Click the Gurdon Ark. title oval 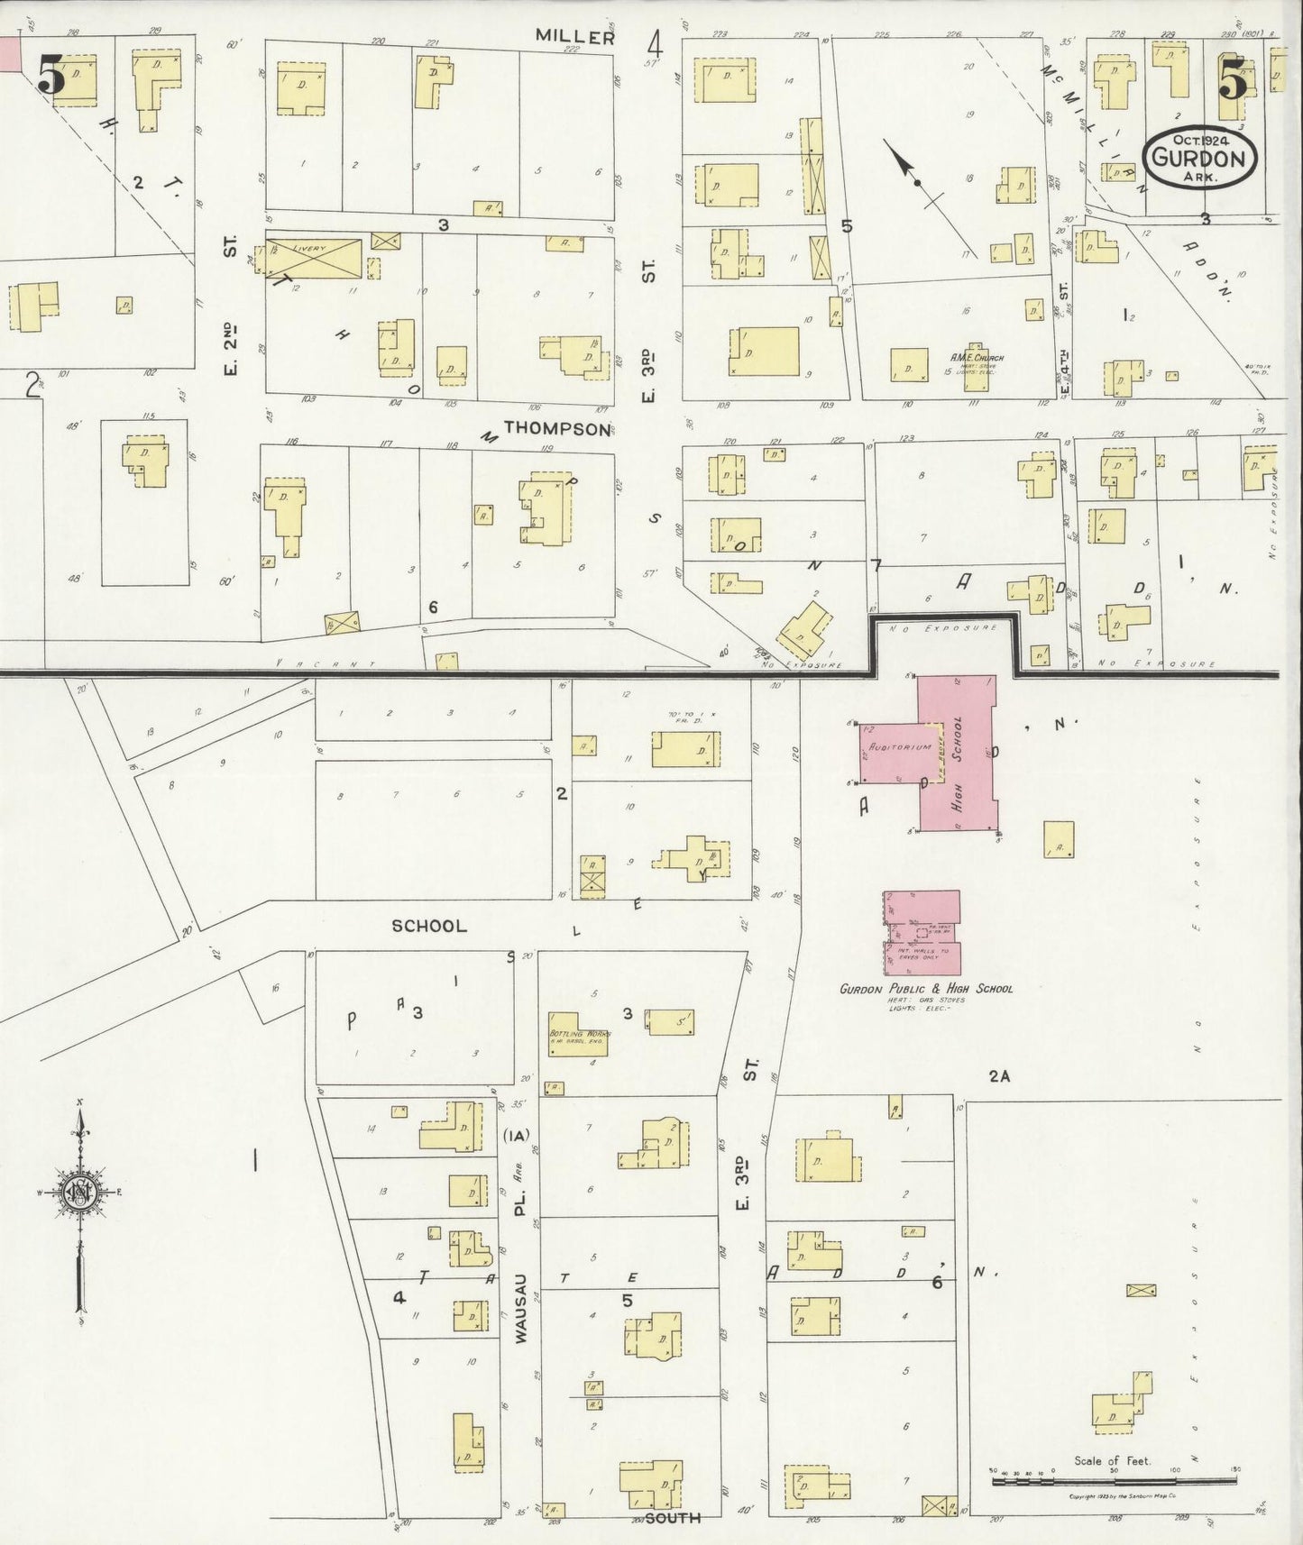coord(1198,159)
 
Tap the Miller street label coord(574,36)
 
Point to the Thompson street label coord(556,428)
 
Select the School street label coord(429,926)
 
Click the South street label coord(673,1518)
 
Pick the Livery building coord(314,259)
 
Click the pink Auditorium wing coord(889,753)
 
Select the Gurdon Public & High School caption coord(926,988)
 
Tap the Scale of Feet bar coord(1113,1480)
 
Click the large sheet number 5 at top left coord(51,76)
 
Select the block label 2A coord(998,1075)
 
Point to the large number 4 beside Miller coord(654,43)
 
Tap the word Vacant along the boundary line coord(326,663)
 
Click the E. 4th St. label coord(1065,338)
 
